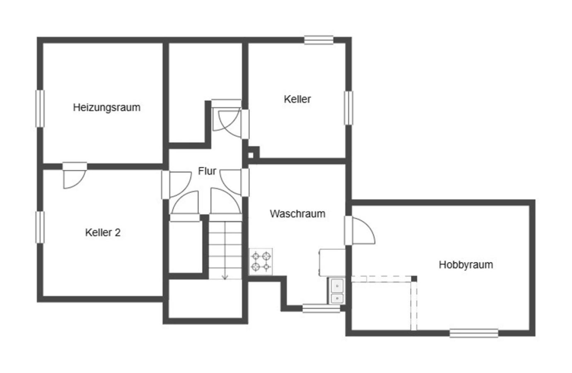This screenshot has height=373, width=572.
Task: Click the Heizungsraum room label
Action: pos(106,107)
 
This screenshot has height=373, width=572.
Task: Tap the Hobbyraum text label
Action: pos(466,265)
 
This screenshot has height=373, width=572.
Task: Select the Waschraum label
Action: pos(297,214)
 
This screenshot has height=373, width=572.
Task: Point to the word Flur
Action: pos(207,171)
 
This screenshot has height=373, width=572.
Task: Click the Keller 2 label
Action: pos(103,233)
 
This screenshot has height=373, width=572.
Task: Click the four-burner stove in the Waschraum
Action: pos(261,262)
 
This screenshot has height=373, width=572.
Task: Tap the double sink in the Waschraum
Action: pos(337,292)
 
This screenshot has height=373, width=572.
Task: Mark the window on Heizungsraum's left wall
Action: pos(40,108)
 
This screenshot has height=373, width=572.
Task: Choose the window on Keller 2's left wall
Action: pos(40,227)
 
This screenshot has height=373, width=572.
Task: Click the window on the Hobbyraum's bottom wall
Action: pos(474,333)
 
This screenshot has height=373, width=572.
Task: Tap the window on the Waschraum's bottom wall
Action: pos(321,308)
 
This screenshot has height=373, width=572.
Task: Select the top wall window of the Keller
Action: pos(319,40)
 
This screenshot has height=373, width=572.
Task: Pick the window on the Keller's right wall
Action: pos(349,108)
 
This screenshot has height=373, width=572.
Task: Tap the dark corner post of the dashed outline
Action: pos(413,279)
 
